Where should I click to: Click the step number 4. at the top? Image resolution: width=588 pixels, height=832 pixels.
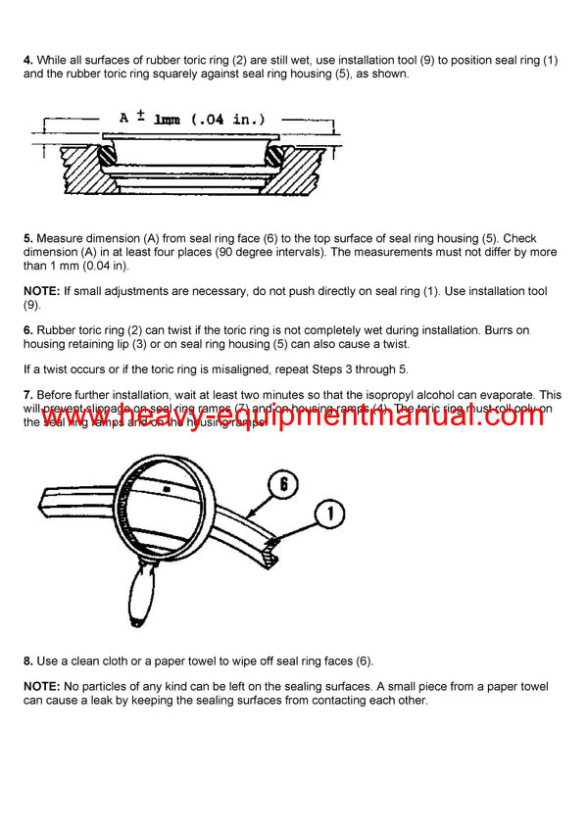point(27,60)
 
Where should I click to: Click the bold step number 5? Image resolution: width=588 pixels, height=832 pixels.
point(27,239)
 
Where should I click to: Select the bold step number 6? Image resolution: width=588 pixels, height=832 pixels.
point(27,330)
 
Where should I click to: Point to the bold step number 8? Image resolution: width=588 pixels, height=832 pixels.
point(27,661)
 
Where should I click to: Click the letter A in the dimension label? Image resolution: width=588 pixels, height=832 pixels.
point(124,119)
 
